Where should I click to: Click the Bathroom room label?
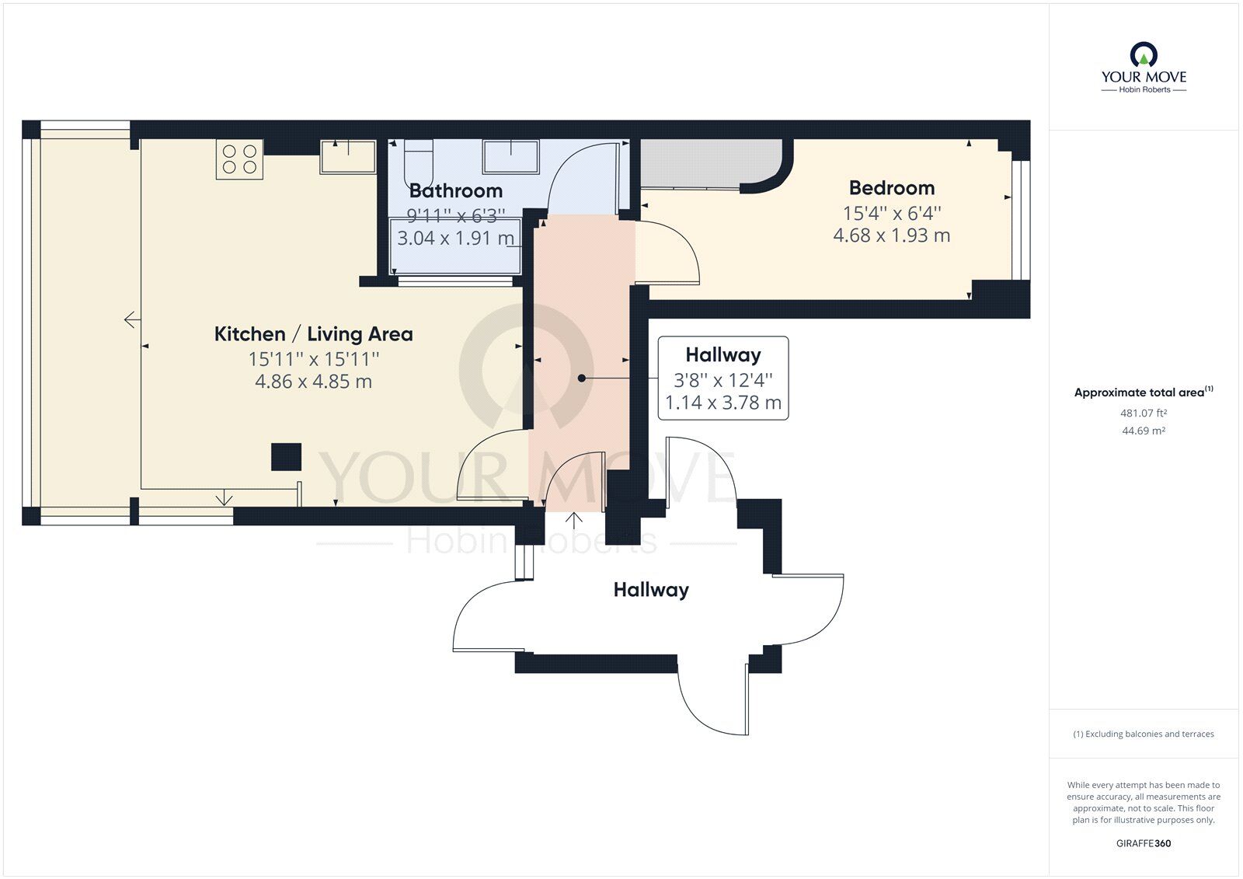tap(455, 190)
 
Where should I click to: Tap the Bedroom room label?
tap(891, 188)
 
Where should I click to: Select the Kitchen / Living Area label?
tap(313, 334)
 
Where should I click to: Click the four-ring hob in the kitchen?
tap(239, 159)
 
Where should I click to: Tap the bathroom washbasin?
tap(510, 156)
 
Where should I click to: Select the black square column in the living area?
tap(286, 457)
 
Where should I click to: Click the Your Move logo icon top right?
tap(1144, 55)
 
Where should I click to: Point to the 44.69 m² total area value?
tap(1144, 431)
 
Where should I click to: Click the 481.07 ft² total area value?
tap(1144, 413)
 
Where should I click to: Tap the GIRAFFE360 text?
tap(1144, 843)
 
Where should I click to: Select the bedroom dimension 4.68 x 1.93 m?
tap(891, 235)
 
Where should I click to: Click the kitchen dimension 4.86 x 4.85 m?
tap(313, 382)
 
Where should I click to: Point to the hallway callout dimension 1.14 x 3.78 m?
tap(722, 403)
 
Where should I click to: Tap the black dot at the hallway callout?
tap(581, 378)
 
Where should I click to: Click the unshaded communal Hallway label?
tap(651, 590)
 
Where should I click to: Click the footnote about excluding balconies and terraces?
tap(1144, 734)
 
